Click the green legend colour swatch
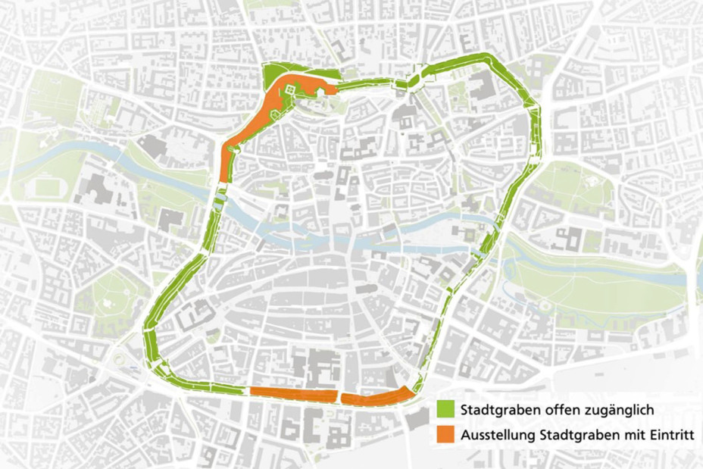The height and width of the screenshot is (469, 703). (x=445, y=409)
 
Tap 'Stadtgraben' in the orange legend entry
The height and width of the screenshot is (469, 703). (x=575, y=435)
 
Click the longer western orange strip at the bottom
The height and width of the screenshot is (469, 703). (x=292, y=394)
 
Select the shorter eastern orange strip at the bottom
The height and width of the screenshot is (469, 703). (x=376, y=396)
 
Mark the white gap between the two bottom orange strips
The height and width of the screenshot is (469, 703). (x=339, y=396)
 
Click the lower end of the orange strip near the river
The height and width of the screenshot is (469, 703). (x=223, y=176)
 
